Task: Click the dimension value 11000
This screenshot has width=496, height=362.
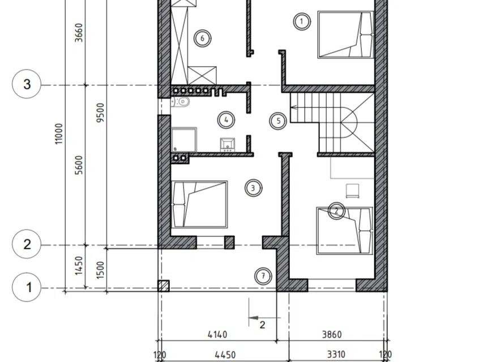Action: coord(59,133)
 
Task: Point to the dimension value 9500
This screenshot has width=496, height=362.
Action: coord(100,113)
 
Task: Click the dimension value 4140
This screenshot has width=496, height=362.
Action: coord(217,334)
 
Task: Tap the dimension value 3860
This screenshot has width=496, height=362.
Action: coord(332,334)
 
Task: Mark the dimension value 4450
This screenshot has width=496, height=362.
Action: coord(225,355)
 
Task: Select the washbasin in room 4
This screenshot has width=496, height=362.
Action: coord(228,144)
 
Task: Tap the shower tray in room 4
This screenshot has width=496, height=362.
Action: coord(184,140)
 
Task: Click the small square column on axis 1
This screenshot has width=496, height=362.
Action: coord(164,286)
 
